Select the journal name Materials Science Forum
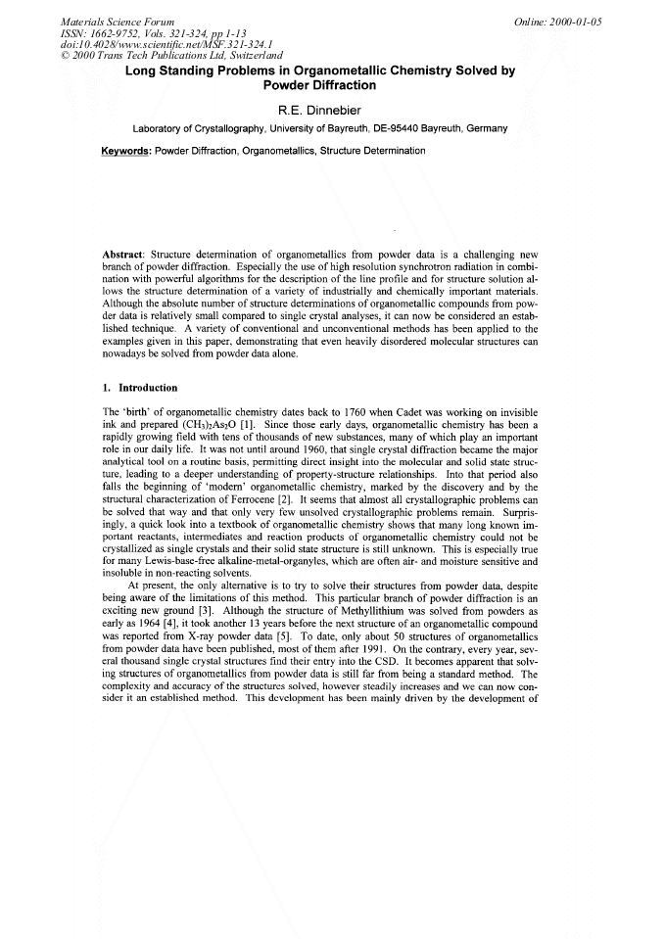pos(118,21)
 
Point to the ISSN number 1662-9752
pos(123,32)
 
